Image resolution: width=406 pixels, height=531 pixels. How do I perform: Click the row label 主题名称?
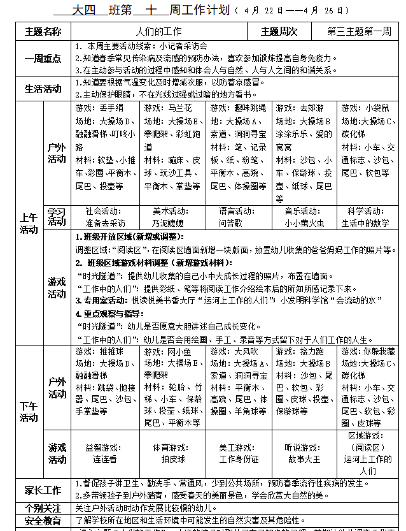[x=43, y=31]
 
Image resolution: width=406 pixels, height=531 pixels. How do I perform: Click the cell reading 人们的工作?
[x=159, y=31]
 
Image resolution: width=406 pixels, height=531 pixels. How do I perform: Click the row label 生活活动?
[x=43, y=89]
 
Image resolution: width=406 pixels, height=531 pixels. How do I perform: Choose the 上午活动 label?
[x=29, y=224]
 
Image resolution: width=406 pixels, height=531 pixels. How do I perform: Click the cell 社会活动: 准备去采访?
[x=106, y=217]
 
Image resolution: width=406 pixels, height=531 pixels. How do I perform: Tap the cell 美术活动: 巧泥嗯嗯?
[x=172, y=217]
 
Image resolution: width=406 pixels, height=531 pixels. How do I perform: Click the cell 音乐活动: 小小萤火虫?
[x=304, y=217]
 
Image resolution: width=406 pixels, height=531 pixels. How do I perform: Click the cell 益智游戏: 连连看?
[x=106, y=453]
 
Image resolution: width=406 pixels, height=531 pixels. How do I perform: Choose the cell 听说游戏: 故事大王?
[x=304, y=453]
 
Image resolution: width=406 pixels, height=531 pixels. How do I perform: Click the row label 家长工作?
[x=43, y=490]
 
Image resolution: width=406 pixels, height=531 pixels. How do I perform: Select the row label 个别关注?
[x=43, y=508]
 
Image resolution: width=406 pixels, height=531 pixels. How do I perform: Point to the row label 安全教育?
[x=43, y=521]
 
